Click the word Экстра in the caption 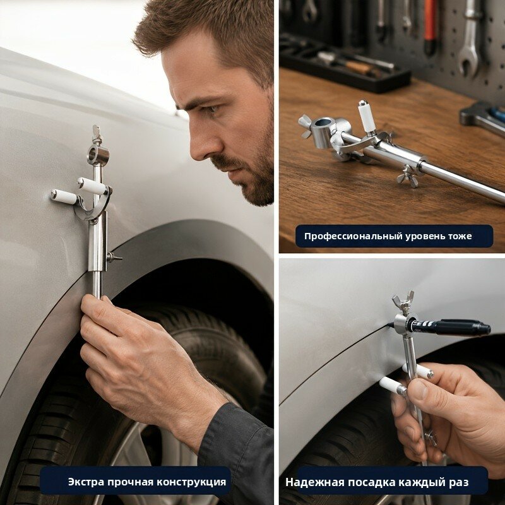86,482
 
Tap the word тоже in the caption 460,236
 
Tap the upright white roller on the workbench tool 367,117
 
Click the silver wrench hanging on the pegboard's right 468,42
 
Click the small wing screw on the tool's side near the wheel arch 114,257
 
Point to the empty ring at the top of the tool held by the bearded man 98,155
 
